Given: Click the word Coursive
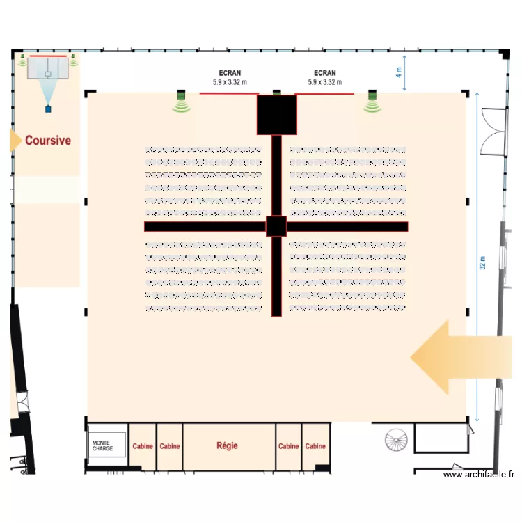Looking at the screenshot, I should (x=48, y=140).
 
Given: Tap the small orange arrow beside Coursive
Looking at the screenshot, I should (x=15, y=140).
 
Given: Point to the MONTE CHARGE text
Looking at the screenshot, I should (x=102, y=445).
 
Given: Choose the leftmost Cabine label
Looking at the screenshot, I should (x=143, y=446).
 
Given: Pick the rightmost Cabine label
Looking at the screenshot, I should (x=315, y=446).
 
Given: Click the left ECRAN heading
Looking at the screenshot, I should (x=230, y=73).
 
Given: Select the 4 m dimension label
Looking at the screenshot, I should (x=400, y=71).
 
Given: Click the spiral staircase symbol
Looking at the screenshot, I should (x=399, y=439).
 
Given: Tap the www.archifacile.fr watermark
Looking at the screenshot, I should (x=480, y=475).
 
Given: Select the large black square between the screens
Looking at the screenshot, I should (x=277, y=114).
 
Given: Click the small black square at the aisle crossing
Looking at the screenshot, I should (x=276, y=226).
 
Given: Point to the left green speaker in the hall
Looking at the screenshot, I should (x=182, y=102).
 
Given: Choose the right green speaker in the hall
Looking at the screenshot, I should (x=372, y=102).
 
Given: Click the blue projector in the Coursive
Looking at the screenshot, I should (x=48, y=108).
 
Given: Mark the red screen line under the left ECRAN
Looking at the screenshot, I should (x=230, y=93).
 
